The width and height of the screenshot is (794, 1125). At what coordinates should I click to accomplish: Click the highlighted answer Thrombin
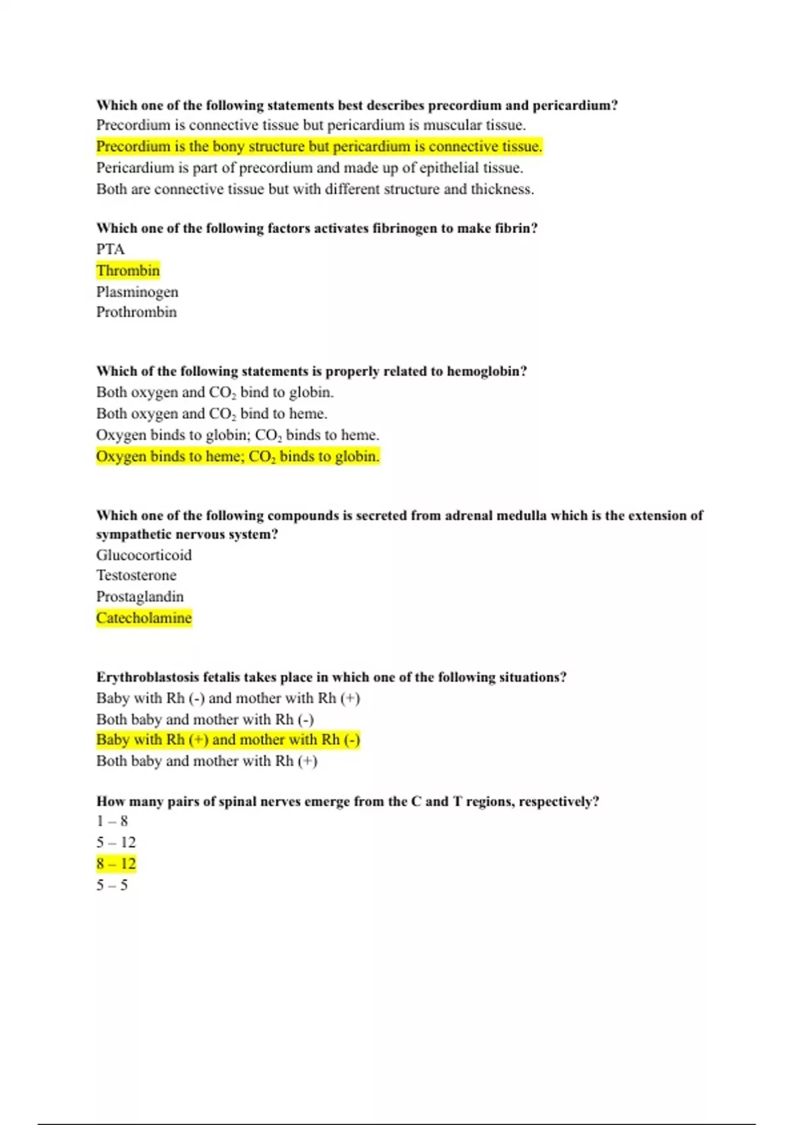pos(128,271)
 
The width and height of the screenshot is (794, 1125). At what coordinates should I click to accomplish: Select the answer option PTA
pos(110,249)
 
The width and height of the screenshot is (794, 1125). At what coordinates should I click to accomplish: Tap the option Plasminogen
pos(137,292)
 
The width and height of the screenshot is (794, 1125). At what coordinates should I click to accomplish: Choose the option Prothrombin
pos(136,312)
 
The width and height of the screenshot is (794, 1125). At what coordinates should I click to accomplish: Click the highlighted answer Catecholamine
pos(144,618)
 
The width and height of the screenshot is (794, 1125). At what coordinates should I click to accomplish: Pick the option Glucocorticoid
pos(144,555)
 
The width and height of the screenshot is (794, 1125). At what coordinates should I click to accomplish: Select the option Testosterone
pos(136,576)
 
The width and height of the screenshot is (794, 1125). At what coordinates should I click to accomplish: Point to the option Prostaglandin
pos(140,597)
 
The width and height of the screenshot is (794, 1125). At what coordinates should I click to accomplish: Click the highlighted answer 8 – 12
pos(116,864)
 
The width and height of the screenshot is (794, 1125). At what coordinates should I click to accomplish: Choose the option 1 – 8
pos(112,822)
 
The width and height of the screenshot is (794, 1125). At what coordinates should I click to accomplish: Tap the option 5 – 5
pos(112,885)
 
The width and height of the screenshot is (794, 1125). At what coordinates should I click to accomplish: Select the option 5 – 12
pos(116,843)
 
